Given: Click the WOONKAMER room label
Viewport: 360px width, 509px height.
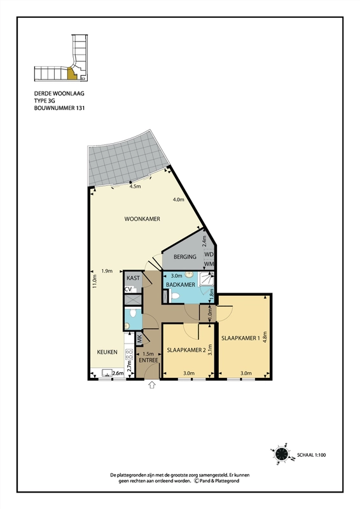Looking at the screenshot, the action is (x=142, y=219).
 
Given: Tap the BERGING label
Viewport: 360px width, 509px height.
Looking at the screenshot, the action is (x=184, y=257).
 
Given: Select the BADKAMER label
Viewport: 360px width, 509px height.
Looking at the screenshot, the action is (x=181, y=284).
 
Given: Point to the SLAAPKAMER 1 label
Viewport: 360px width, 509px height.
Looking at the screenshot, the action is (x=240, y=338).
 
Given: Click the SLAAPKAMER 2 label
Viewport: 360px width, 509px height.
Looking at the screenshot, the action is (x=186, y=350).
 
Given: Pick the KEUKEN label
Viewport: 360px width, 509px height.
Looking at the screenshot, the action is (x=107, y=352).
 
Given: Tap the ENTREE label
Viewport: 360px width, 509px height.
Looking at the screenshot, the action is (x=148, y=360).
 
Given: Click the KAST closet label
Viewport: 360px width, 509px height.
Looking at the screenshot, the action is (x=133, y=278).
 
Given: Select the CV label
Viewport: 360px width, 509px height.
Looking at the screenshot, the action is (x=128, y=289).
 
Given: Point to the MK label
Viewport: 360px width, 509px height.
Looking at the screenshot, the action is (x=139, y=339).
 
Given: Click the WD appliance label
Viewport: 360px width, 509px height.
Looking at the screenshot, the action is (x=209, y=254).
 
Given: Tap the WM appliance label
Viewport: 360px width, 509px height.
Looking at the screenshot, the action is (x=209, y=264).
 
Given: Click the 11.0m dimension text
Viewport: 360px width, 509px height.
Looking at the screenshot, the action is (x=95, y=281).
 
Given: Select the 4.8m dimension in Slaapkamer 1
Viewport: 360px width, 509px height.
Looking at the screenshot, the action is (x=265, y=337).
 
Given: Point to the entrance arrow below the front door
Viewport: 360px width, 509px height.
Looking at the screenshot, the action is (x=152, y=386).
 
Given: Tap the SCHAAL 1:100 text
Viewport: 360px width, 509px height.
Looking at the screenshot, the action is (x=311, y=455).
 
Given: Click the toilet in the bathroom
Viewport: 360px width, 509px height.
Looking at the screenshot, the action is (x=175, y=296).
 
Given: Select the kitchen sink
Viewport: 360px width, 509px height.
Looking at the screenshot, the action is (x=107, y=373).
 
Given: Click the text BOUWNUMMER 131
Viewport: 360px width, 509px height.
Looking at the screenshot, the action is (x=59, y=108).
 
